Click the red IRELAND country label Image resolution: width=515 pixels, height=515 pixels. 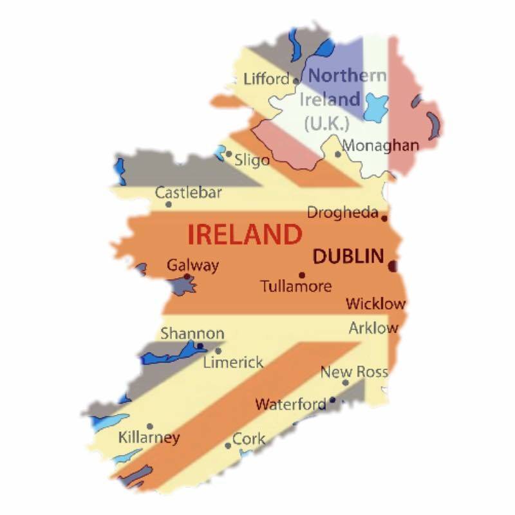(x=245, y=234)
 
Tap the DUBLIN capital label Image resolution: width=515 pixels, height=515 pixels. (x=348, y=256)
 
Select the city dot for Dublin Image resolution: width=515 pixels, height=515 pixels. (x=392, y=264)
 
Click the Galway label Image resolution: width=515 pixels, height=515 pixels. (x=192, y=265)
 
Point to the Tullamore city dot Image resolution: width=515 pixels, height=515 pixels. (x=301, y=275)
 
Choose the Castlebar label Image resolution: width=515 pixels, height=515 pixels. (x=188, y=192)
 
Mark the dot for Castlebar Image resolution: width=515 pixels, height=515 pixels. (x=169, y=205)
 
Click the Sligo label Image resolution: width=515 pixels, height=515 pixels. (x=252, y=160)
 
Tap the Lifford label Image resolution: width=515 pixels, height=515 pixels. (x=267, y=79)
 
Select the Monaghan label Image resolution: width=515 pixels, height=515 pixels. (x=380, y=145)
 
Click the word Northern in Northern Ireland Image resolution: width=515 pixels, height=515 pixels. (x=348, y=75)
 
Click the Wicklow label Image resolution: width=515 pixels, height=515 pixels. (x=376, y=303)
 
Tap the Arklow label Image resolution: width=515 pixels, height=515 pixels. (x=373, y=328)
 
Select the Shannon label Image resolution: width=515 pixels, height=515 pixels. (x=192, y=333)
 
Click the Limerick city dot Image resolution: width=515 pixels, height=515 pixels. (x=218, y=351)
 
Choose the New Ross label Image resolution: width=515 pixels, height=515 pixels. (x=354, y=371)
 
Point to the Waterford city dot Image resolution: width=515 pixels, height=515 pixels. (x=332, y=400)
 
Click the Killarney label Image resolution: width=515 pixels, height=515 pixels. (x=149, y=438)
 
